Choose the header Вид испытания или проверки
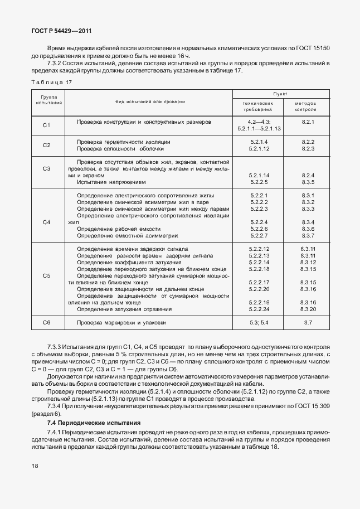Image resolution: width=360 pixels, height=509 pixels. click(150, 102)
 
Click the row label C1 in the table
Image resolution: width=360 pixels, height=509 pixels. click(47, 125)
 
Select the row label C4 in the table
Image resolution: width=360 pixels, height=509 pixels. click(47, 222)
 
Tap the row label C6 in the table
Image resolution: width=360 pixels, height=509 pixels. click(47, 323)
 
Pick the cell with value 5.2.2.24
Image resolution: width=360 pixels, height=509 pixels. click(260, 309)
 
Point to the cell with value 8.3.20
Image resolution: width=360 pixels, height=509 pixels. click(308, 309)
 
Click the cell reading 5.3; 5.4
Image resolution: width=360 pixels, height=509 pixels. click(260, 323)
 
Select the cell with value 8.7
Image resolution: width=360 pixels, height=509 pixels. click(308, 323)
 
